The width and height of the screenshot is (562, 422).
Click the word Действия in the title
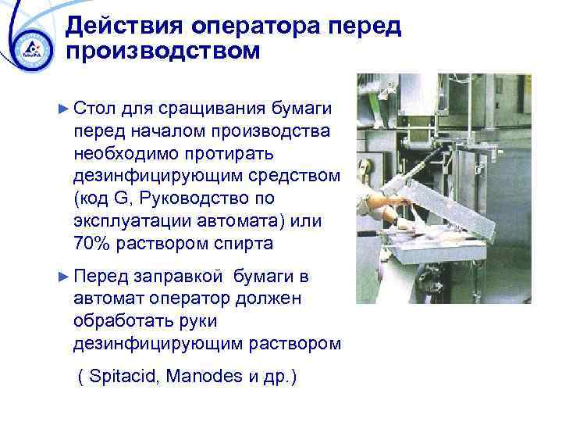click(116, 27)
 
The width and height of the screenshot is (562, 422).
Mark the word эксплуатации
click(124, 222)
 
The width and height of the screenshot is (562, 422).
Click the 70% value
click(94, 242)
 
